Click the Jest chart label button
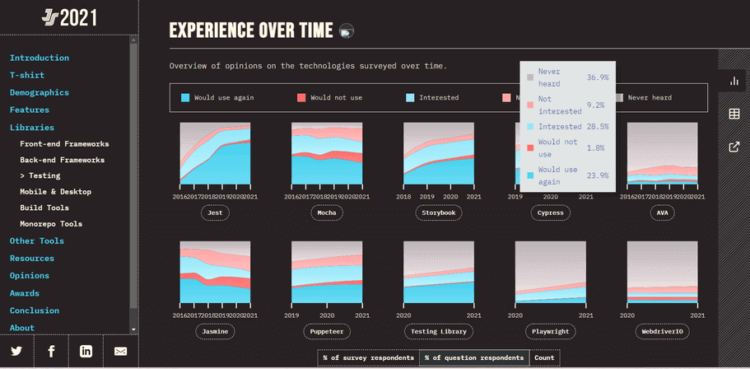point(215,213)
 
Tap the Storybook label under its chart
point(439,213)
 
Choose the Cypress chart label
point(551,213)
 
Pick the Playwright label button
point(551,331)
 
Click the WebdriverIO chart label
point(663,331)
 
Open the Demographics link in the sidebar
point(40,92)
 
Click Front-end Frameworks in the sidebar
point(64,144)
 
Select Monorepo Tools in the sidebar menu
point(51,224)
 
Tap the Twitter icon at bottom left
point(16,352)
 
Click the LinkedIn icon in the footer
point(86,352)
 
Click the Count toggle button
point(544,358)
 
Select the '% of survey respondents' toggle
point(368,358)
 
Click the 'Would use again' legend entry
point(217,98)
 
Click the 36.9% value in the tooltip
point(597,77)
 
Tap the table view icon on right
point(734,114)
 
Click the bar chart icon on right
point(734,82)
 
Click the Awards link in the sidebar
point(25,293)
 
